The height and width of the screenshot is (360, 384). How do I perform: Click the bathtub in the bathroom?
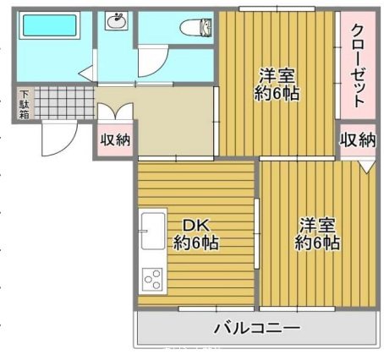48,26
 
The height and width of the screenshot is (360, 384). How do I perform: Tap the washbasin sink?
115,21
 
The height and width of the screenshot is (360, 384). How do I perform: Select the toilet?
200,28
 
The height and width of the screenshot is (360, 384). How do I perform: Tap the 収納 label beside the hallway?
114,139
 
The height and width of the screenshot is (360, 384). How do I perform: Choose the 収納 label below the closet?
358,139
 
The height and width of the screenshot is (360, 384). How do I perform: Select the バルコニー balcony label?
256,328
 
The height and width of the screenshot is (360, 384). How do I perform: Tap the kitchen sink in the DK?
153,231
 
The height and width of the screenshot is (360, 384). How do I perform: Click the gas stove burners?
153,277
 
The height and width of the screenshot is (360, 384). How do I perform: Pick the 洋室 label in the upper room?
277,74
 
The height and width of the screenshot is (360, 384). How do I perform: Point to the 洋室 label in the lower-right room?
317,226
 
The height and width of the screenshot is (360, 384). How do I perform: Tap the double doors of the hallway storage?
115,111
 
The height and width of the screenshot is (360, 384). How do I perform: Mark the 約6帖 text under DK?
196,243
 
